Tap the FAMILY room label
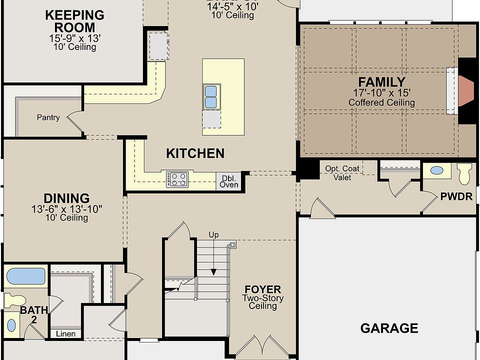point(381,82)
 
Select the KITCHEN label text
point(195,153)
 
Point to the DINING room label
point(66,198)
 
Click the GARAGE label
point(389,328)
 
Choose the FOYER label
point(262,289)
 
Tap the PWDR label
point(456,196)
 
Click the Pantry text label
point(48,118)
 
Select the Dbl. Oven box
point(229,181)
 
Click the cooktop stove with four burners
point(178,179)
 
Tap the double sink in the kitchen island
point(210,96)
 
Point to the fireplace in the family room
point(465,90)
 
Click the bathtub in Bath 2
point(26,276)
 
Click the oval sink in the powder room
point(436,170)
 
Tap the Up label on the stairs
point(213,234)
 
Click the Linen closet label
point(65,333)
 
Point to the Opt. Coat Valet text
point(342,173)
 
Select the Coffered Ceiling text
point(381,102)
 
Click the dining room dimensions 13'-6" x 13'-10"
point(66,209)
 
